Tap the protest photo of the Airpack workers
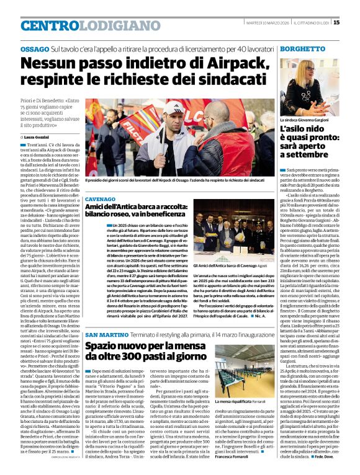(x=178, y=130)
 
